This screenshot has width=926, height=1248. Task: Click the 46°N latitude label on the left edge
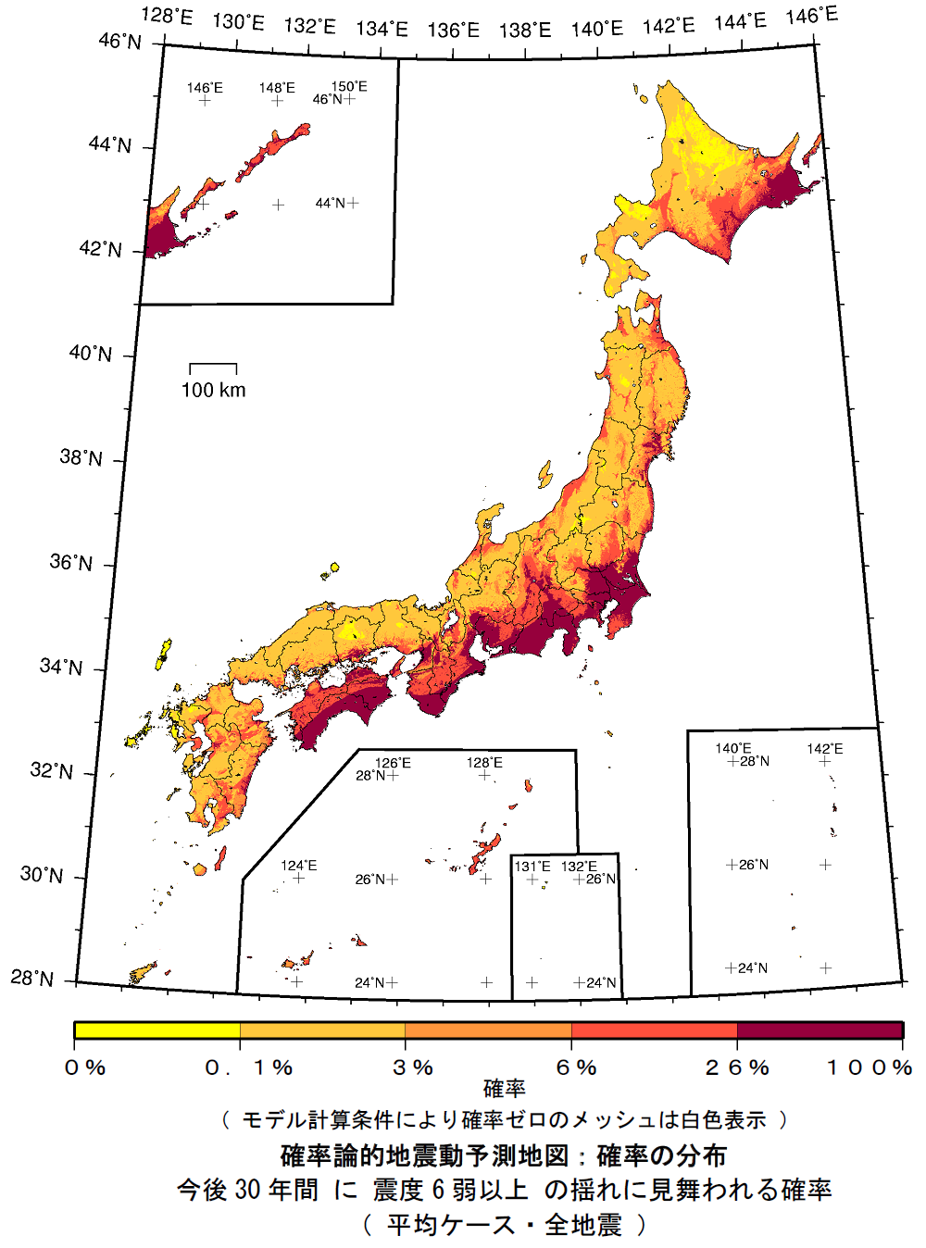(120, 42)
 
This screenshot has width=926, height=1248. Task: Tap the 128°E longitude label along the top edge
(167, 18)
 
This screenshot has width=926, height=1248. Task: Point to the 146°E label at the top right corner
(811, 16)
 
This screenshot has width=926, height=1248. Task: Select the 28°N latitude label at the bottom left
(32, 979)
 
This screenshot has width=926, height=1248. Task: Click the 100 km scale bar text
(213, 390)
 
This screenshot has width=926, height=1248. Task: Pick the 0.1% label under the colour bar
(248, 1067)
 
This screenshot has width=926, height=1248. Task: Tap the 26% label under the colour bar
(737, 1067)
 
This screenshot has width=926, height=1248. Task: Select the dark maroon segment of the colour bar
(820, 1030)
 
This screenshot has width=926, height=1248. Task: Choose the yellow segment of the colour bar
(156, 1030)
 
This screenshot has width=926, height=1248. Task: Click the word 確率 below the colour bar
(504, 1090)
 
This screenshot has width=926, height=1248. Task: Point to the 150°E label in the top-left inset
(349, 87)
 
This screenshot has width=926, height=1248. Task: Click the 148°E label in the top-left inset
(277, 88)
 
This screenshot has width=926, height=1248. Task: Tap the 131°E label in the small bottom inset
(532, 867)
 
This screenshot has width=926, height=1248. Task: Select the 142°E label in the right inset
(824, 749)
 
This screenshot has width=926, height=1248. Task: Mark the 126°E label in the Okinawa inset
(393, 763)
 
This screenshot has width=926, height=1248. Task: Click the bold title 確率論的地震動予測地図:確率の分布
(504, 1155)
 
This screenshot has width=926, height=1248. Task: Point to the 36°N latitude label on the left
(71, 562)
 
